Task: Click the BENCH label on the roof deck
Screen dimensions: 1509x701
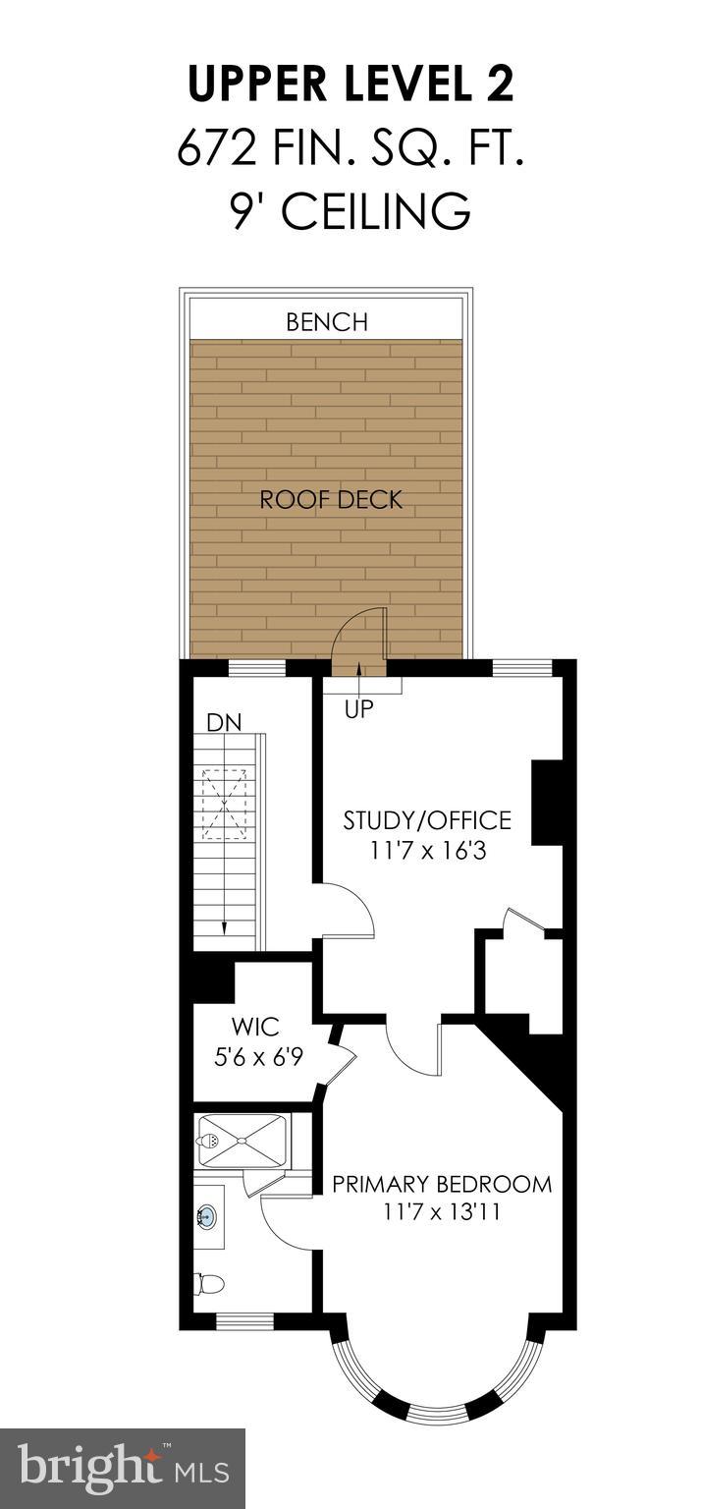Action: [327, 321]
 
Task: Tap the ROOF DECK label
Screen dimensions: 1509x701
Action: [331, 499]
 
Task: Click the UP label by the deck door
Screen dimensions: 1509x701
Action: [359, 708]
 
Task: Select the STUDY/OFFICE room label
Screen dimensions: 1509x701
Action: [427, 819]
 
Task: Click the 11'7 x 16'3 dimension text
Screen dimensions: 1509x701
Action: [429, 850]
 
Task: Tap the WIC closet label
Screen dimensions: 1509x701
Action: [255, 1028]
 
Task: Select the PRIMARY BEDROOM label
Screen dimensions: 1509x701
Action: [442, 1183]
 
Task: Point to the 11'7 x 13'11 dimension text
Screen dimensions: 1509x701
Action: [442, 1212]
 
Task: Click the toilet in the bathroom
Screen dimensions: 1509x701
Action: [209, 1283]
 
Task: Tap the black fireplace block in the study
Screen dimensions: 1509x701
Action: [545, 802]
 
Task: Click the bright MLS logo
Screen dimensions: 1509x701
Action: [123, 1469]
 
